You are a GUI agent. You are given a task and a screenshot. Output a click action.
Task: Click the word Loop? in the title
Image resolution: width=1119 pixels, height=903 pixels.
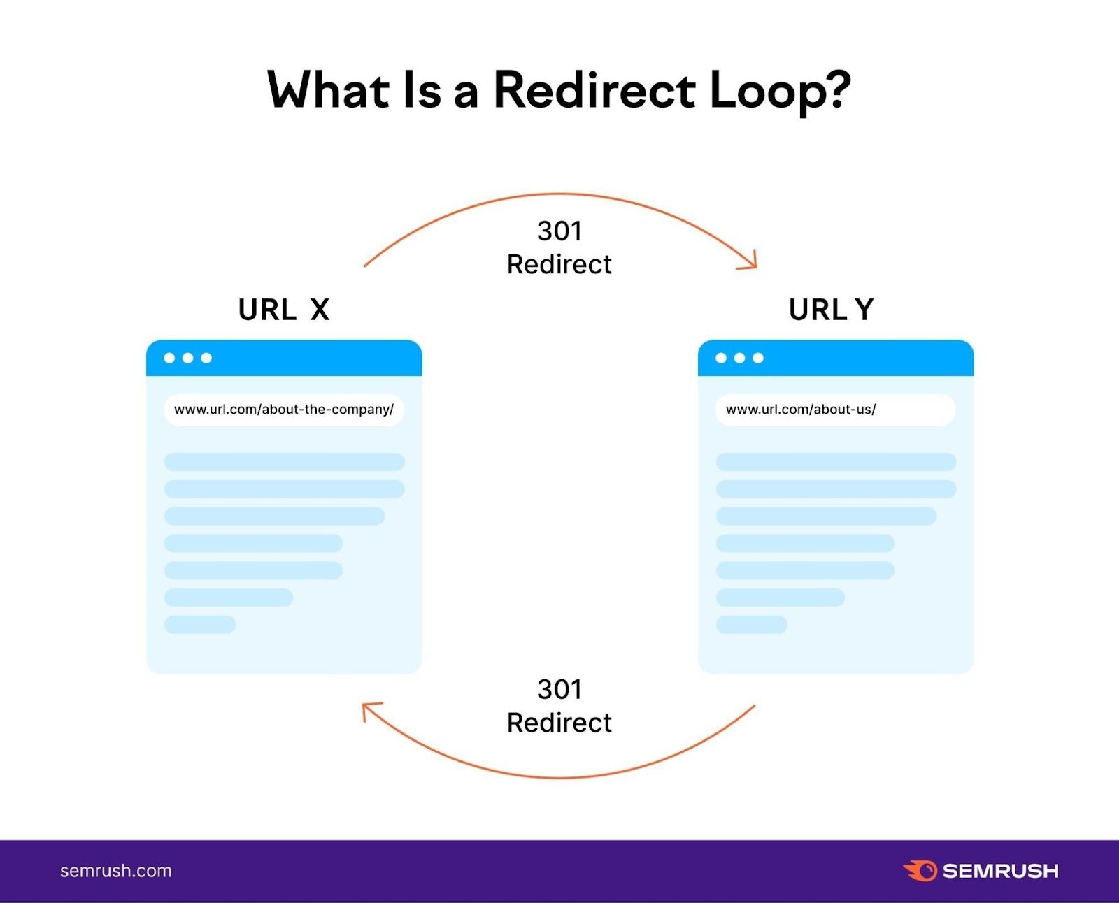780,91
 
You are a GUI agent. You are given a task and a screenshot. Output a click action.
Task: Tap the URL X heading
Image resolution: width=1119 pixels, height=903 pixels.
283,310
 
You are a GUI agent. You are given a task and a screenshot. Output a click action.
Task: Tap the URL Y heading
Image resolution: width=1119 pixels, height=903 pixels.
831,310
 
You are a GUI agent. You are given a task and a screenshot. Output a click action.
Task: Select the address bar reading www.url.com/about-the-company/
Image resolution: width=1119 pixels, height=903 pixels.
284,410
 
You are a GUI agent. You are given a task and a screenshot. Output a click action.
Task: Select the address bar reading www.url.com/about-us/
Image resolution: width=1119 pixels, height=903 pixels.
835,410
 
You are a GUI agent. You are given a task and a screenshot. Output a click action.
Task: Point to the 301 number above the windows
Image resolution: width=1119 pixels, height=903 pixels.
559,231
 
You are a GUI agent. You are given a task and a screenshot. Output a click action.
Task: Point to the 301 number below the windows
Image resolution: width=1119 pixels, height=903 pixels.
559,690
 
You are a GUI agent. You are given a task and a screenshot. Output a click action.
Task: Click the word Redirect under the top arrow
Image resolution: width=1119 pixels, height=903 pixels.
559,265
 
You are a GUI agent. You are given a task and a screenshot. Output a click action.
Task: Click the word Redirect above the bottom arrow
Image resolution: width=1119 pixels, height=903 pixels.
559,723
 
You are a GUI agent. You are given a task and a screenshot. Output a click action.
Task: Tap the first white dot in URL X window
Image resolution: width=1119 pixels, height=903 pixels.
169,358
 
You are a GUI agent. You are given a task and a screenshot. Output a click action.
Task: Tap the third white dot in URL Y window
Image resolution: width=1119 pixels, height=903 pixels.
758,358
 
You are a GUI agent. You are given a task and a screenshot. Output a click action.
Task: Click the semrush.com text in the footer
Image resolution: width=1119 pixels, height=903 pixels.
116,871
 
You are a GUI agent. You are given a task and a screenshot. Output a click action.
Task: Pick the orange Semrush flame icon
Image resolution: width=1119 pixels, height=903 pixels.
920,871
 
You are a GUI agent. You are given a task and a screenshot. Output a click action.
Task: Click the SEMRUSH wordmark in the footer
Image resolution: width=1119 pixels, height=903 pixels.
1001,871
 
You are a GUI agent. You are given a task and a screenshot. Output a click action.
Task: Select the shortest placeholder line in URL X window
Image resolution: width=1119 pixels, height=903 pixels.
200,624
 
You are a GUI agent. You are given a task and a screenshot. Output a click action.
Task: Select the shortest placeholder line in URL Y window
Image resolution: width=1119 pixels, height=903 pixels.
752,624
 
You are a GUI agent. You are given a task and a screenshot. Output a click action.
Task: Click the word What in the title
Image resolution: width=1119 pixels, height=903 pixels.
328,91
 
